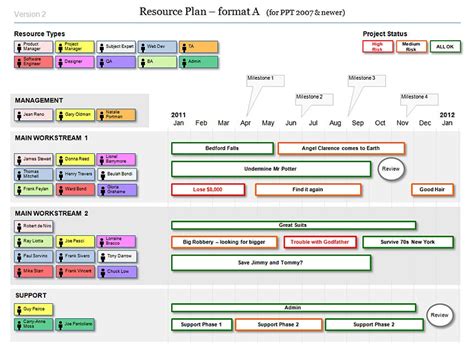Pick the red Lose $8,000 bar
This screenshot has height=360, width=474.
(x=208, y=189)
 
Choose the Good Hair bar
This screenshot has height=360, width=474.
(x=431, y=189)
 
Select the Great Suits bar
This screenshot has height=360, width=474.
(x=291, y=225)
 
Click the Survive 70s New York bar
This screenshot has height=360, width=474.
(x=408, y=243)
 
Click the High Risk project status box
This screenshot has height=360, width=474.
(x=378, y=46)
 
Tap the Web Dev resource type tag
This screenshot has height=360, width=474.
(x=155, y=46)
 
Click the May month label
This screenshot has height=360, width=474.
(x=268, y=123)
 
